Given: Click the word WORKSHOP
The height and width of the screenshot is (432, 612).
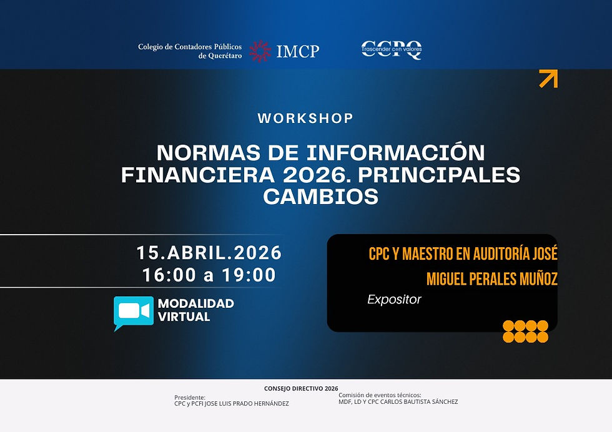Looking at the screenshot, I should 305,118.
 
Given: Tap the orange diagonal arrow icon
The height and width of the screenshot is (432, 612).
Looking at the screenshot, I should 548,79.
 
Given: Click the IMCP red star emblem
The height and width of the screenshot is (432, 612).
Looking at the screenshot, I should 260,51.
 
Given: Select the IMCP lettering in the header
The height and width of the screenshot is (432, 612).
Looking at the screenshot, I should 297,51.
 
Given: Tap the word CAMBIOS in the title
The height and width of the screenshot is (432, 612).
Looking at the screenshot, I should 320,197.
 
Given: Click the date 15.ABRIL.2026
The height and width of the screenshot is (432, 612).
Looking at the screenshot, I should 209,253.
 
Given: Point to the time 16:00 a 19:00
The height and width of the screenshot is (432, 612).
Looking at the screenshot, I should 209,275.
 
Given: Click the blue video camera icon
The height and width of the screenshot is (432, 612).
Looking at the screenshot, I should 133,312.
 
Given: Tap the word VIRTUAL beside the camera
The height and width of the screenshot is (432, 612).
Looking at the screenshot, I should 184,317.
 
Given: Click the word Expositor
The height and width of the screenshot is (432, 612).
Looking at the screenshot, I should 394,300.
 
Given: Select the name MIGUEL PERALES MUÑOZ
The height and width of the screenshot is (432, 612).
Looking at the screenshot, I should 491,278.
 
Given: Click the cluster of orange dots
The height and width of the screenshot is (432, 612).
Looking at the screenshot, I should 525,331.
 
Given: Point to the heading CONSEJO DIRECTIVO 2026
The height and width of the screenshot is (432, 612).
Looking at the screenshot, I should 301,388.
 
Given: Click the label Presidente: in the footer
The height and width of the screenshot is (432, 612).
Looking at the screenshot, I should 189,396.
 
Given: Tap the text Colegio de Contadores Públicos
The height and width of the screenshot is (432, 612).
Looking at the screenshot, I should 190,47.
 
